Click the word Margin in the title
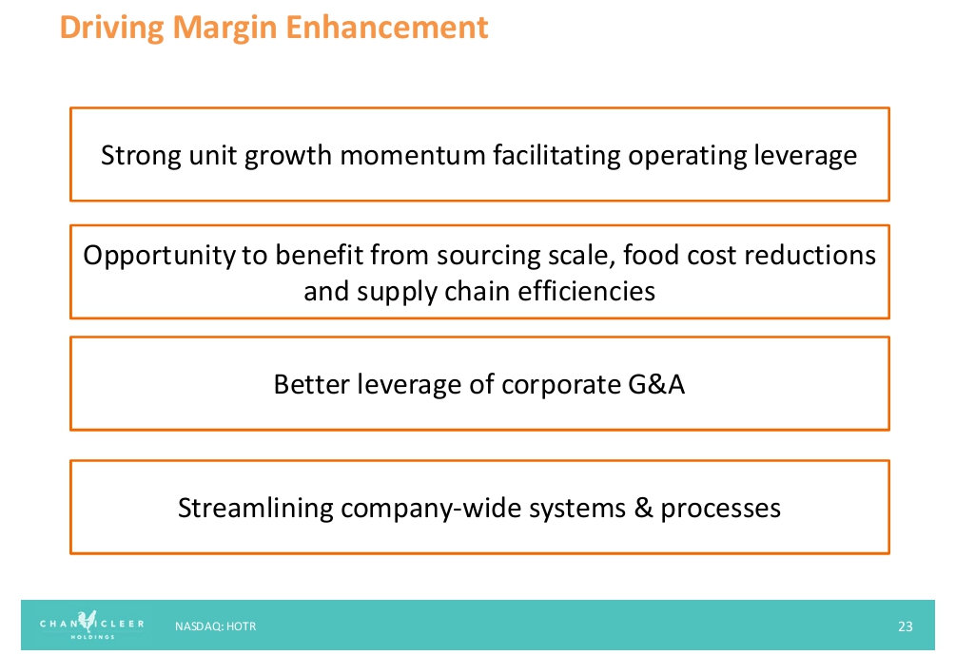(225, 28)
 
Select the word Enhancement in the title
(387, 27)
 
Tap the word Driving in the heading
(112, 28)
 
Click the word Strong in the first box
(141, 155)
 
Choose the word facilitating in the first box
(557, 155)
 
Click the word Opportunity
(159, 256)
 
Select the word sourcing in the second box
(489, 256)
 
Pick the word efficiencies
(587, 291)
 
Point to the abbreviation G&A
(656, 384)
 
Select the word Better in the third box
(312, 384)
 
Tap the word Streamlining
(256, 509)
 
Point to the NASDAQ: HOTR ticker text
(215, 626)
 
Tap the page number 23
(906, 626)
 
